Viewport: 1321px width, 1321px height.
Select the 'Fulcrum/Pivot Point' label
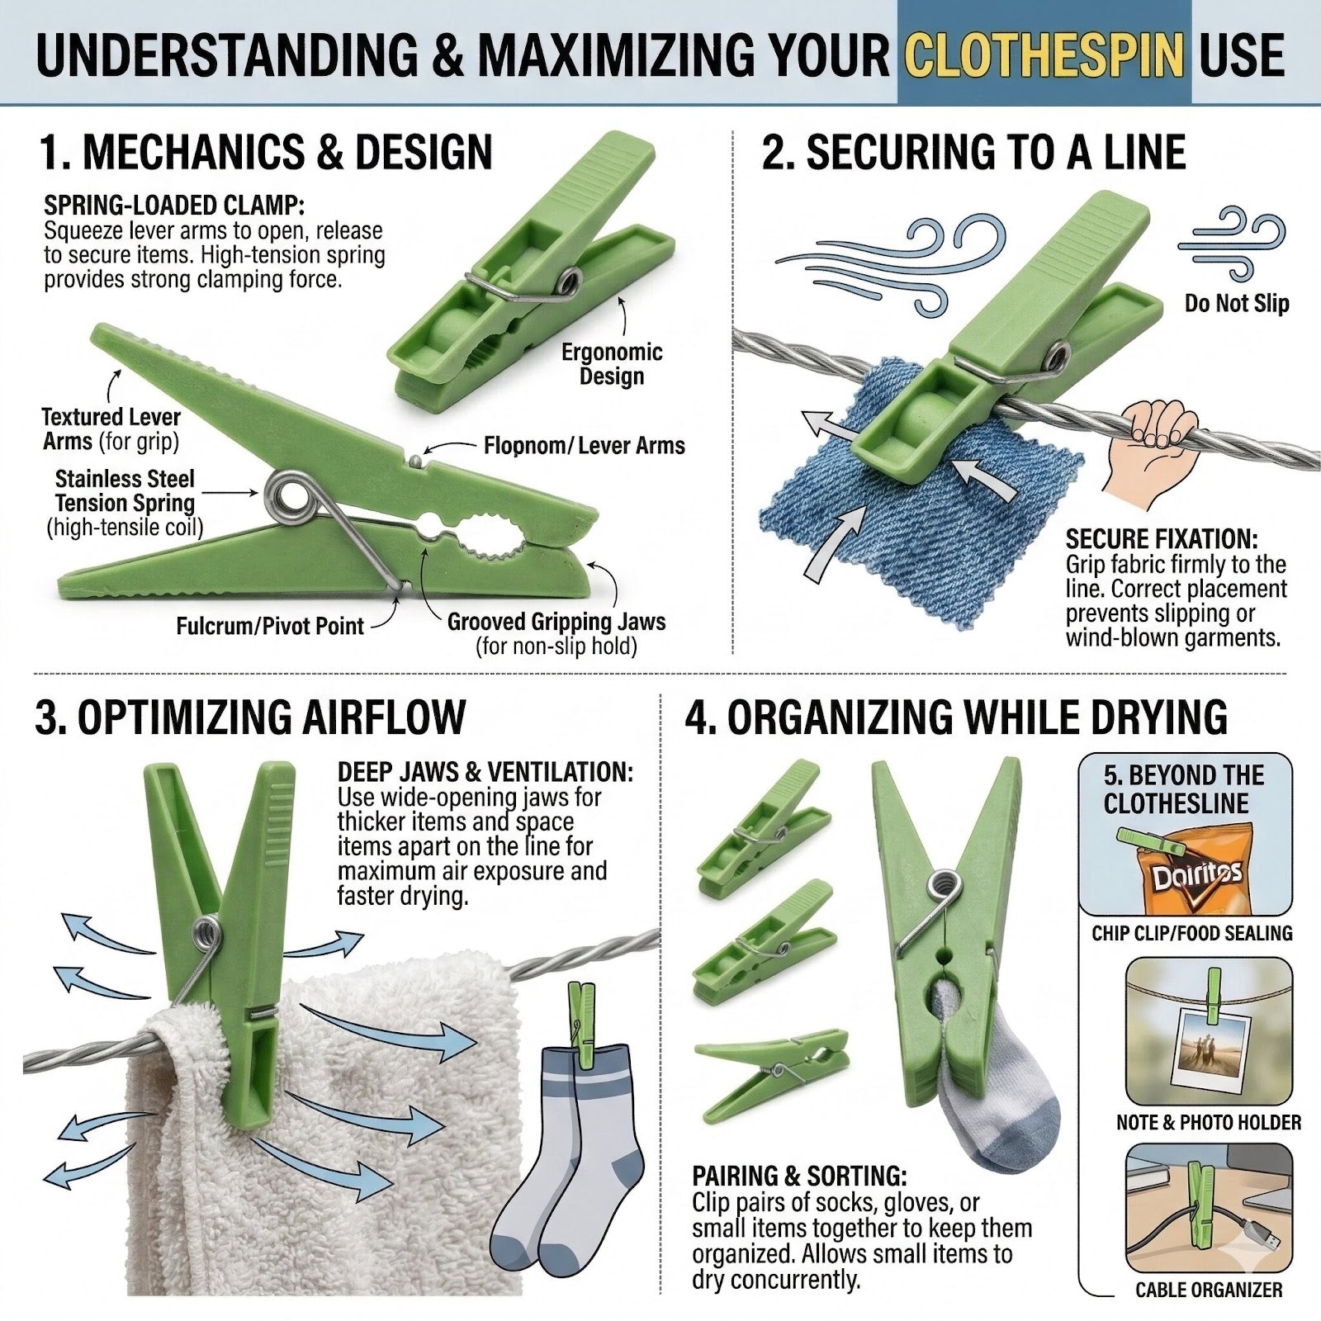270,626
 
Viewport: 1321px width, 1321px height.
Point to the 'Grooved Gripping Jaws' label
556,622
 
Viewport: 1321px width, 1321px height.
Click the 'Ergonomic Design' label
612,364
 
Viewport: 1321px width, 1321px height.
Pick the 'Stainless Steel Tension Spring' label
125,490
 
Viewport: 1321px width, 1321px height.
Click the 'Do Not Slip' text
1237,303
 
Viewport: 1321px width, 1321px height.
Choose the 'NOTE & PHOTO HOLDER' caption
1209,1122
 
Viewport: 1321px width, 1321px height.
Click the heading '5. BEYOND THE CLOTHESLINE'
1184,789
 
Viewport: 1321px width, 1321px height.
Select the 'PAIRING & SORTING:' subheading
799,1176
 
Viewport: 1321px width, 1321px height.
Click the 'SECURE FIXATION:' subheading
1162,539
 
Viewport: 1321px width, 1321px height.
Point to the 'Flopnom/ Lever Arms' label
585,446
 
